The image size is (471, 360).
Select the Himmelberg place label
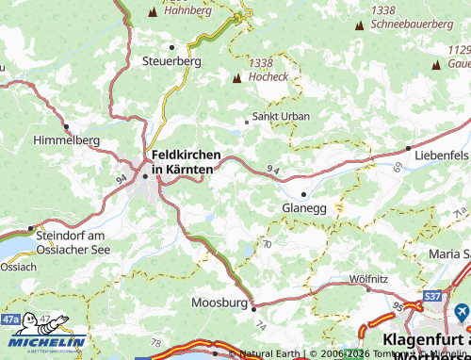point(66,139)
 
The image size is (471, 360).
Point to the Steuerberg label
point(171,60)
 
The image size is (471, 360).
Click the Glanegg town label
point(303,208)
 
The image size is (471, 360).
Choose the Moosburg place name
point(219,303)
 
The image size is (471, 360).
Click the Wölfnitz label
point(367,278)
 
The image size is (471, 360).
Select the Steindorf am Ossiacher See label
point(75,241)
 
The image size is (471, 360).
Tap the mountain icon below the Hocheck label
point(236,78)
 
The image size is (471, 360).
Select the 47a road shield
point(11,320)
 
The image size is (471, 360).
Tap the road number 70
point(267,243)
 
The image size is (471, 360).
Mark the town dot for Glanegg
point(303,194)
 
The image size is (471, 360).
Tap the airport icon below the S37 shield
point(461,311)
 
